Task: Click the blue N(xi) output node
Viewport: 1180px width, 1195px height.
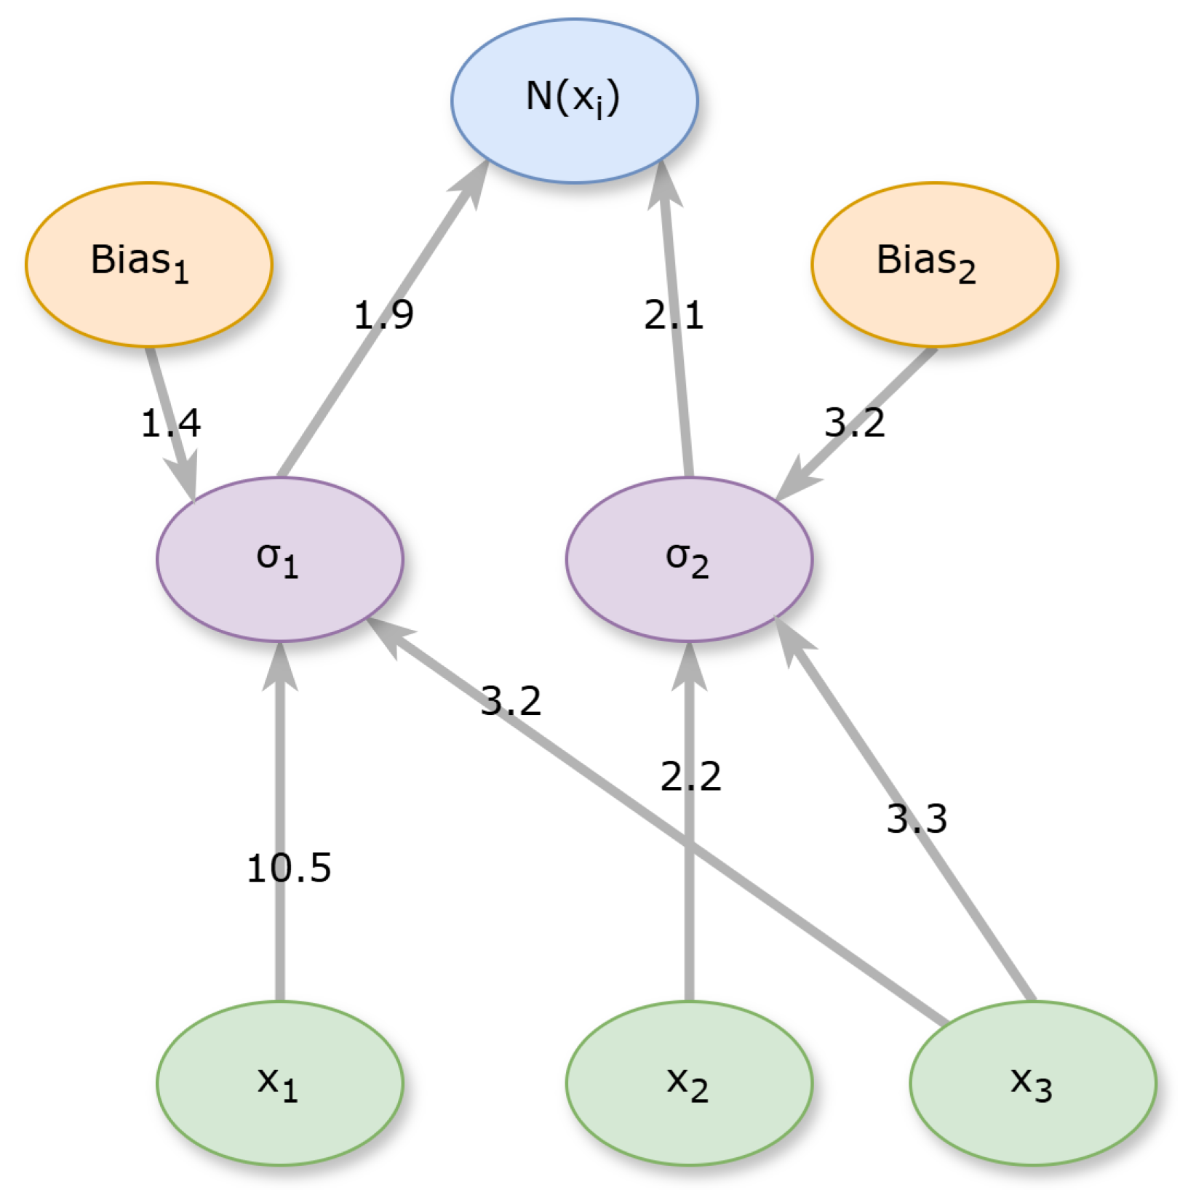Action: [x=574, y=100]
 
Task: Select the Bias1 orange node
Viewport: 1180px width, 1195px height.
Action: [x=148, y=264]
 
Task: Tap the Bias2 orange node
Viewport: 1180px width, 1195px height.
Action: [x=934, y=264]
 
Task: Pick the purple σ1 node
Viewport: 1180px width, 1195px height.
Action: [x=279, y=559]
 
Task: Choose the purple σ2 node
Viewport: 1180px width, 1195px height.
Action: [x=689, y=559]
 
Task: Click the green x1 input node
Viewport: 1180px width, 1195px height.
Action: [x=279, y=1083]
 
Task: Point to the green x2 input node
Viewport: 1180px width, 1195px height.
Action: [x=689, y=1083]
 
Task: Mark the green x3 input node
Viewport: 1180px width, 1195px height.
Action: [x=1032, y=1083]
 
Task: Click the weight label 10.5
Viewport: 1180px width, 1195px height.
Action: [x=289, y=868]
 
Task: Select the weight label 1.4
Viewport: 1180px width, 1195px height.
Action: [x=170, y=423]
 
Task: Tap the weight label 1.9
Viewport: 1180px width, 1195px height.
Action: [x=383, y=315]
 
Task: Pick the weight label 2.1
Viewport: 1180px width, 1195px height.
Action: [x=674, y=315]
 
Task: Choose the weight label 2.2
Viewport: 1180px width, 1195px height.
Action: [x=690, y=776]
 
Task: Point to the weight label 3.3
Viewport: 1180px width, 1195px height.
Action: [x=917, y=819]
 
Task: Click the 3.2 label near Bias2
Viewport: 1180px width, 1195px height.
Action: [x=854, y=423]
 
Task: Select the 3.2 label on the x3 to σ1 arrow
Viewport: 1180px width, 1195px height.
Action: [x=511, y=701]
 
